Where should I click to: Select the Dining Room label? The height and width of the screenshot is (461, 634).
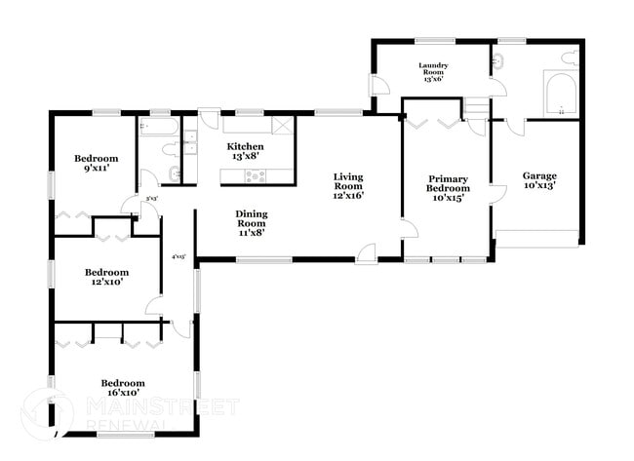(x=251, y=222)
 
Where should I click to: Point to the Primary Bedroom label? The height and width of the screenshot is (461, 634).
(x=448, y=190)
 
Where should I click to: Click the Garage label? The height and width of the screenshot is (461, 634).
(x=539, y=181)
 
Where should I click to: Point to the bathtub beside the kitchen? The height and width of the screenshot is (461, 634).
(x=158, y=127)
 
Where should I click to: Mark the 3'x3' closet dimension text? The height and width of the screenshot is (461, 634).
(x=151, y=199)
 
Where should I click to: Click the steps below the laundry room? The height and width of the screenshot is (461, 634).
(x=475, y=106)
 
